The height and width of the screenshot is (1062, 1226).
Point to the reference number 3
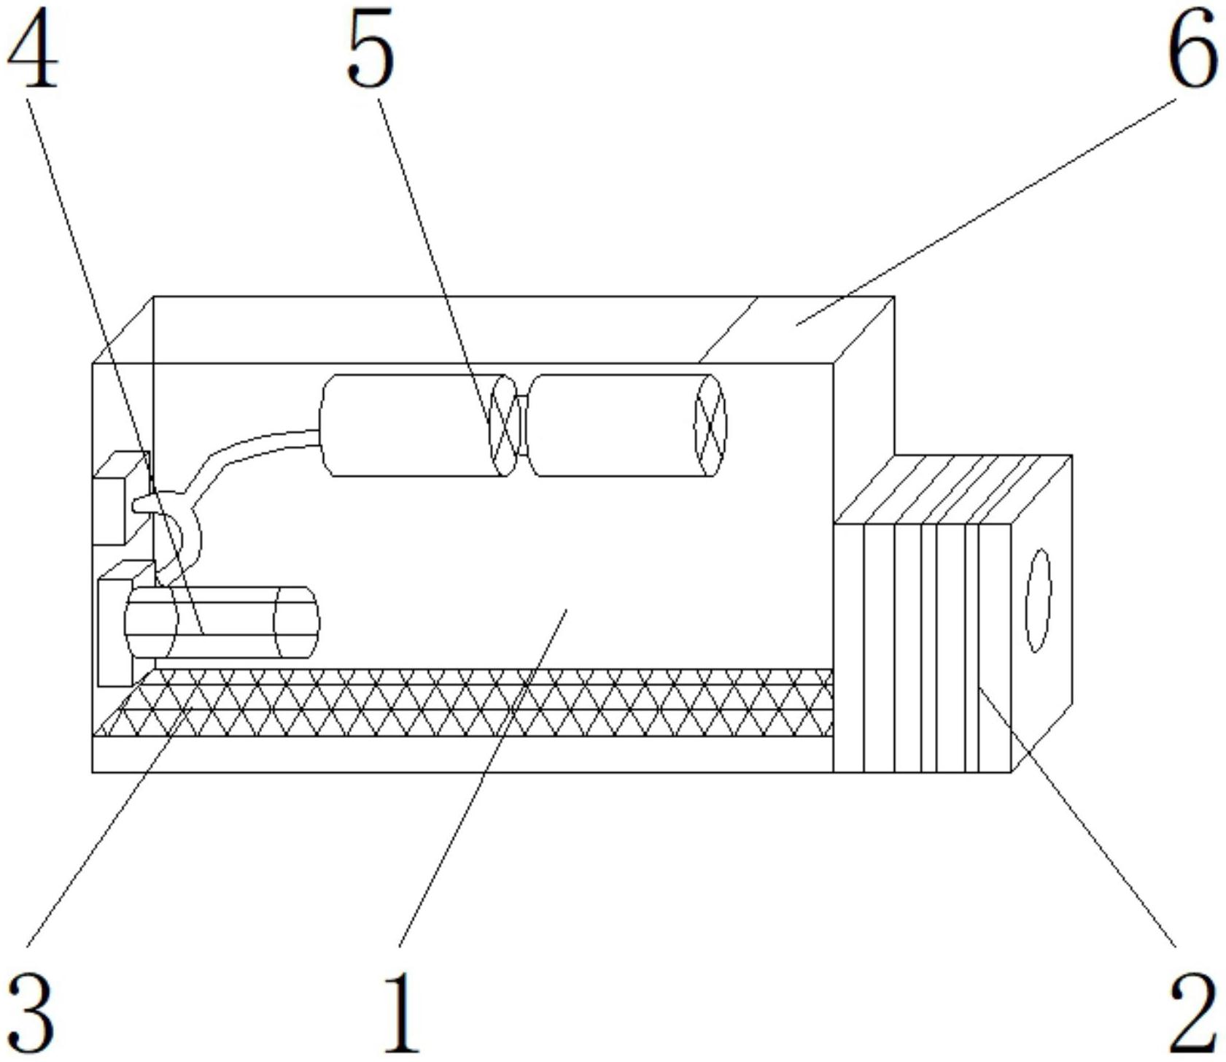[31, 1012]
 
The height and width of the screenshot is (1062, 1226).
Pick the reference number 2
[1193, 1012]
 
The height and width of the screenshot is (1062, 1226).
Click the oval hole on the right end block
[1039, 600]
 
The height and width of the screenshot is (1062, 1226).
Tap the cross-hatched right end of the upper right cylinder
[710, 426]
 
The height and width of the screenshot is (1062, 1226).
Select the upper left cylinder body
[413, 426]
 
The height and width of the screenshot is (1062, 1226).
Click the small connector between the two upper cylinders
[521, 425]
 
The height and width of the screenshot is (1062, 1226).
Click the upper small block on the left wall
[121, 497]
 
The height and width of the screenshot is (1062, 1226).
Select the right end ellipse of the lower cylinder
[296, 622]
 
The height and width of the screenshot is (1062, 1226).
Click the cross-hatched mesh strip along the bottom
[464, 702]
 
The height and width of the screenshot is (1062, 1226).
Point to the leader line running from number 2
[1077, 816]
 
